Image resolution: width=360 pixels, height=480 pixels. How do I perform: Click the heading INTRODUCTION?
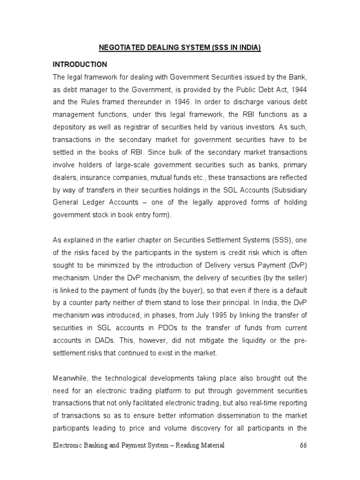pyautogui.click(x=79, y=64)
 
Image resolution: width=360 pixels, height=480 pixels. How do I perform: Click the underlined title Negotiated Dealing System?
pyautogui.click(x=180, y=48)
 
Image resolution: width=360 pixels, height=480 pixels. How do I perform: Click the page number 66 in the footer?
pyautogui.click(x=304, y=446)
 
